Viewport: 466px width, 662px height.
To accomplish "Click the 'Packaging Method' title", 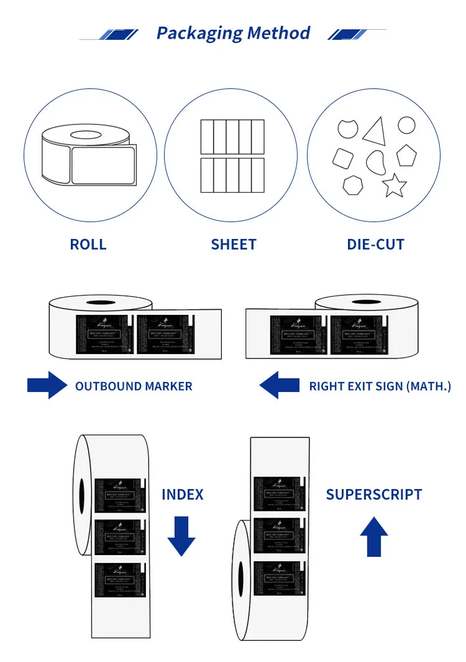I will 233,33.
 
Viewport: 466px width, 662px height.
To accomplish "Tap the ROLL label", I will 88,245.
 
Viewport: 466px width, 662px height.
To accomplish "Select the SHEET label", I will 234,245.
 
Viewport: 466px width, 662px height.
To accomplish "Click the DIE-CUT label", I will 375,245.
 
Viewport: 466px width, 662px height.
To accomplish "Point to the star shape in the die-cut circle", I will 394,185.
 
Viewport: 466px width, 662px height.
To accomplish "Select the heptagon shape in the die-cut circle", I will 353,185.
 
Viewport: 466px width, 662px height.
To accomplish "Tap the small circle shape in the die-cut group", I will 406,126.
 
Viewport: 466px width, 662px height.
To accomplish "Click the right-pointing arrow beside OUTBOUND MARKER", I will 47,386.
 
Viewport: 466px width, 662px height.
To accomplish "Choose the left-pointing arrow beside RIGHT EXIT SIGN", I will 279,386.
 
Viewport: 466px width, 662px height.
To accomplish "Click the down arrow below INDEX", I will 181,536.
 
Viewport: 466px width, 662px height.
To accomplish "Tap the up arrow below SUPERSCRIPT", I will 374,536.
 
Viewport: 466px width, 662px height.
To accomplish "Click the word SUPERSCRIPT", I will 374,495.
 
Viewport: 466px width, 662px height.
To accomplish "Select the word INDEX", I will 183,495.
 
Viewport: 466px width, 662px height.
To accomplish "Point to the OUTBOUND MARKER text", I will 134,386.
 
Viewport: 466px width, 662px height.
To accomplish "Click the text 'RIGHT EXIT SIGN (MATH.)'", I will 380,386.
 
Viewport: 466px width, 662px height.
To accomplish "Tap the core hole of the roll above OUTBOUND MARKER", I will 100,304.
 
